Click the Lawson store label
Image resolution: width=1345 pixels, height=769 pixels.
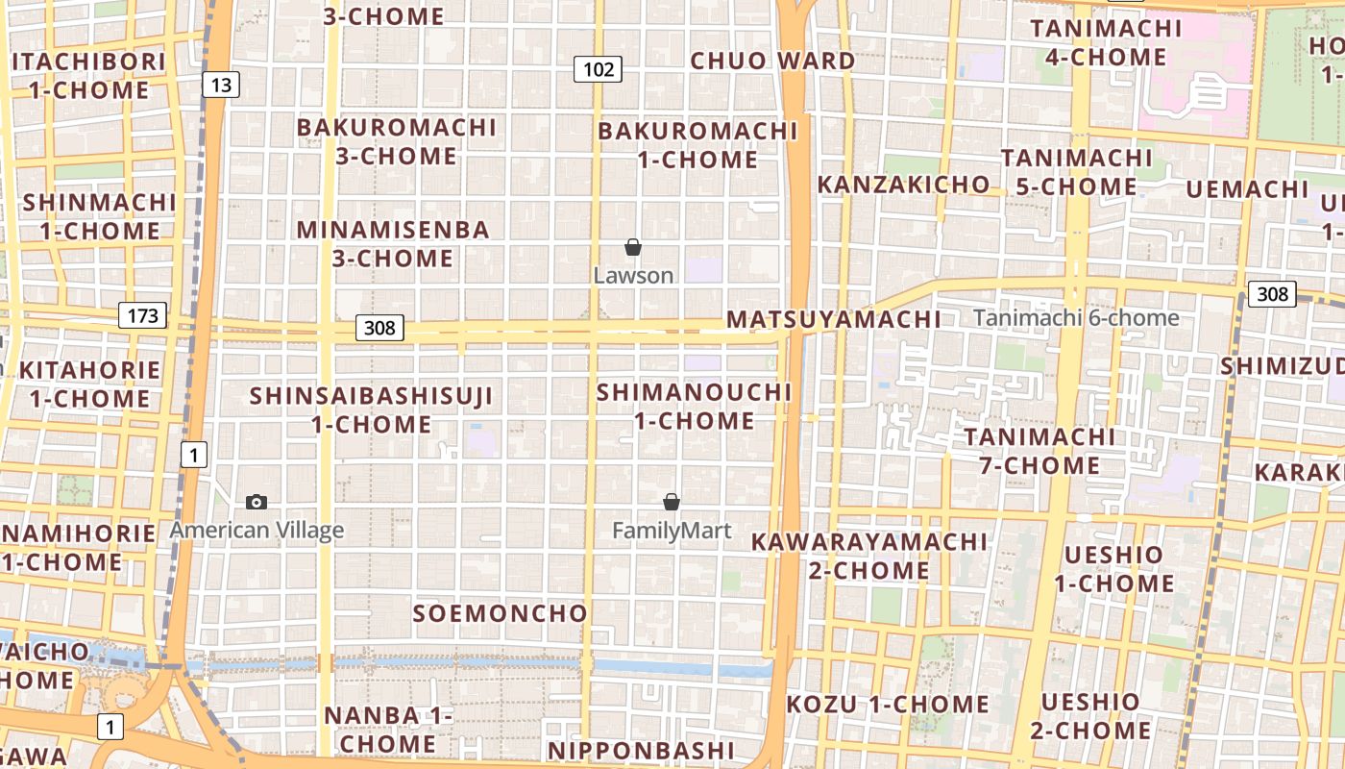633,276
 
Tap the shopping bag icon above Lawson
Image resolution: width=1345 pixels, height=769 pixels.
633,248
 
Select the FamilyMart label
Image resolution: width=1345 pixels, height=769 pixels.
672,531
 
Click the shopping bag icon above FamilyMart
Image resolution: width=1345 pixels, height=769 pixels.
672,502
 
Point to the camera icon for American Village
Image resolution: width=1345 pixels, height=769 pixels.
257,502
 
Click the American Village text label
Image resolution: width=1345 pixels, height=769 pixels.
257,530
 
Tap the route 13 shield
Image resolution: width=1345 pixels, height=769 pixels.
220,85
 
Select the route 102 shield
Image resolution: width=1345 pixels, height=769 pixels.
599,69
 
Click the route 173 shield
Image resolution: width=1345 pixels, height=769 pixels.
143,314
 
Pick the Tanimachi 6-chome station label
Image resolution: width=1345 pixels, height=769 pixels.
1076,318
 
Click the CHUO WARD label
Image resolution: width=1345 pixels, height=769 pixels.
772,61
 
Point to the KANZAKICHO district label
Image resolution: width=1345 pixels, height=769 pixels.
903,185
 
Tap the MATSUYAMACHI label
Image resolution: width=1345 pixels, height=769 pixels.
833,319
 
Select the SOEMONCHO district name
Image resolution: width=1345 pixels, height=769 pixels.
500,613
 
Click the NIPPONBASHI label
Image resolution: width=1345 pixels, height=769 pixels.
641,750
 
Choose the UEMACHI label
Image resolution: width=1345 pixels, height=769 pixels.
1247,189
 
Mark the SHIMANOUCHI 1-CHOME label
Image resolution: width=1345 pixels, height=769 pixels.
694,407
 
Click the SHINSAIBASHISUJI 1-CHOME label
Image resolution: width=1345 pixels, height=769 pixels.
371,409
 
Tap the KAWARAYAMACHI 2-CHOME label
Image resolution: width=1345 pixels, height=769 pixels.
868,556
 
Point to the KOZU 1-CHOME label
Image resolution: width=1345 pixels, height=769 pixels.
888,705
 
